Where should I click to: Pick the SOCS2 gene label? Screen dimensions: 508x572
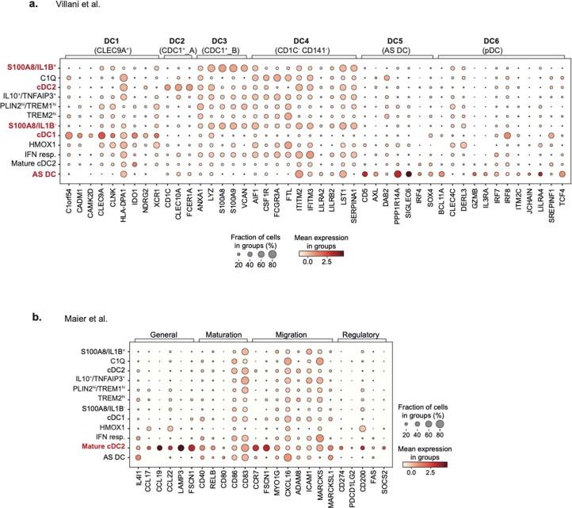coord(385,476)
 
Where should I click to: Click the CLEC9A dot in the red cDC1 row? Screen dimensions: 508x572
coord(101,136)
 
